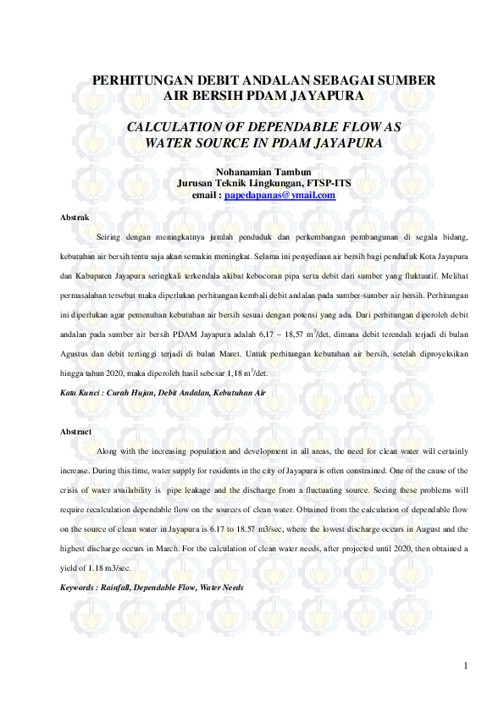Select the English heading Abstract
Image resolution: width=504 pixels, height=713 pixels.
pyautogui.click(x=76, y=432)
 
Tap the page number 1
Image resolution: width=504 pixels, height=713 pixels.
pyautogui.click(x=465, y=666)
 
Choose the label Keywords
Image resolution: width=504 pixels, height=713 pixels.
pyautogui.click(x=79, y=587)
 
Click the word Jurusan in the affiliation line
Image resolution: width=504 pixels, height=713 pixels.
pyautogui.click(x=194, y=184)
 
